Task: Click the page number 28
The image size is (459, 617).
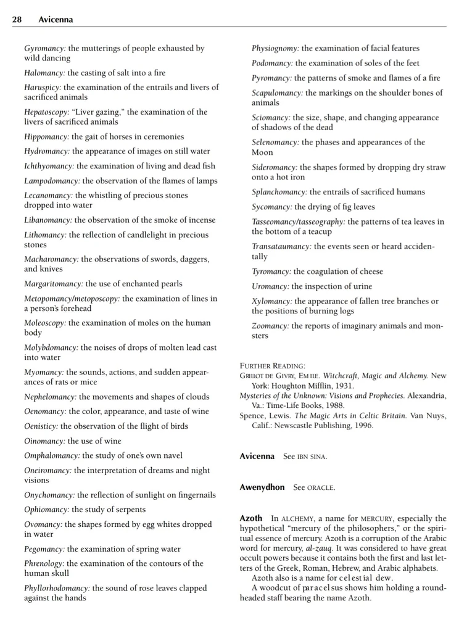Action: [x=17, y=20]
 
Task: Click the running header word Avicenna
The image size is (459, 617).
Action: [x=56, y=20]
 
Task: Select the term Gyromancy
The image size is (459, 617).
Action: [x=45, y=48]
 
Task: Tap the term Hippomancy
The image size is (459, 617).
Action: [x=46, y=136]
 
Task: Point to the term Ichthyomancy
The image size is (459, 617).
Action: [x=49, y=166]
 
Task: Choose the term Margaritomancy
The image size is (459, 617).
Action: [x=54, y=284]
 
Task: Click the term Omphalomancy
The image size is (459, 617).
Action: [x=52, y=455]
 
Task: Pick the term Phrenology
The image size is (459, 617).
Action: [x=44, y=563]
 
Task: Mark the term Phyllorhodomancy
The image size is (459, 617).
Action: [x=57, y=588]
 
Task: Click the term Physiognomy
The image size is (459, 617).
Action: [x=275, y=48]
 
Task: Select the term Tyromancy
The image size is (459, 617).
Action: [x=271, y=271]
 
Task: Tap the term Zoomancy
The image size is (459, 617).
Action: [x=270, y=326]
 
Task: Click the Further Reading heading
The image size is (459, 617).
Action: [x=272, y=366]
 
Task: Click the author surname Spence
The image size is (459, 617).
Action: [x=252, y=416]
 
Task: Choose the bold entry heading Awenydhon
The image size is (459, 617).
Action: [x=262, y=487]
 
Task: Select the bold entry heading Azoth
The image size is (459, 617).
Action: [x=250, y=518]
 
